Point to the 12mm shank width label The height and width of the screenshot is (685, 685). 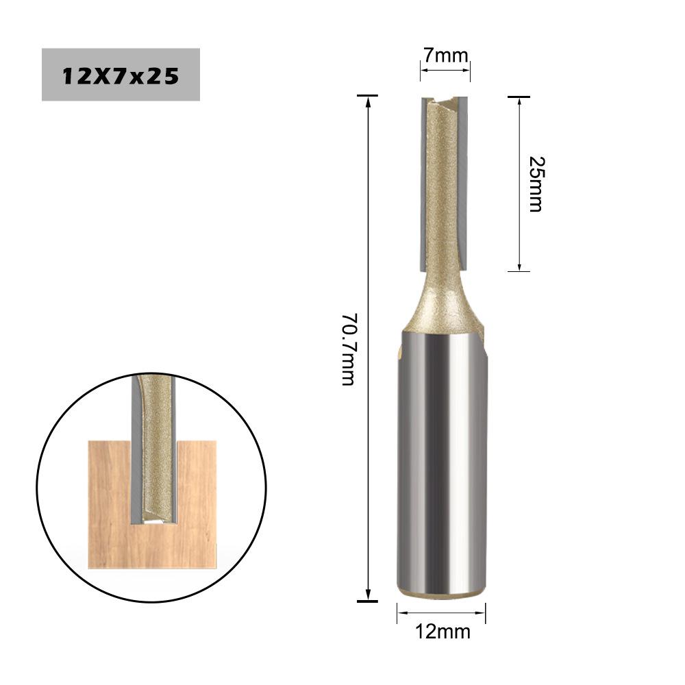click(x=442, y=631)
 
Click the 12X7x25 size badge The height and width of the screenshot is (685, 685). click(x=121, y=75)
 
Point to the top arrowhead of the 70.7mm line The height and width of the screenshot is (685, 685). click(x=369, y=101)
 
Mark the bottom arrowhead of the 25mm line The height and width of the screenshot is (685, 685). click(x=519, y=266)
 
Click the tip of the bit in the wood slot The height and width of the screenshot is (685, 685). click(x=155, y=519)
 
